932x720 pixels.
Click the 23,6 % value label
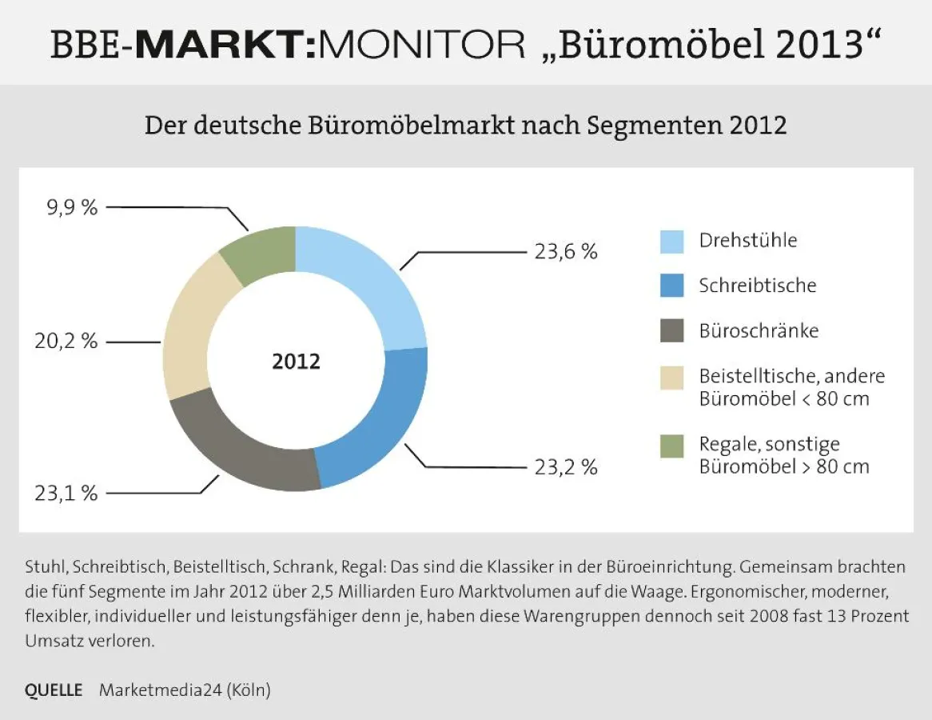[x=566, y=252]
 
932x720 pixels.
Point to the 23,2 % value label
[x=566, y=467]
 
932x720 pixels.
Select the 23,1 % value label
[x=66, y=494]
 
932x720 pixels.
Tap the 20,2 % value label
[x=66, y=342]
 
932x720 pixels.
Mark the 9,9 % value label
[x=73, y=208]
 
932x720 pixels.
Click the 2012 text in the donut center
[x=296, y=362]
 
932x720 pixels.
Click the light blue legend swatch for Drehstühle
[x=671, y=241]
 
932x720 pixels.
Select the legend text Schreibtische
[x=757, y=286]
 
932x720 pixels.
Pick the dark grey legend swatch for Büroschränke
[x=671, y=330]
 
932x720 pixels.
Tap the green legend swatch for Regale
[x=671, y=446]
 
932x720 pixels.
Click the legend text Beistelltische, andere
[x=791, y=376]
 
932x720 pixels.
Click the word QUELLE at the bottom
[x=54, y=690]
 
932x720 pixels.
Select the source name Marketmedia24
[x=159, y=690]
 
